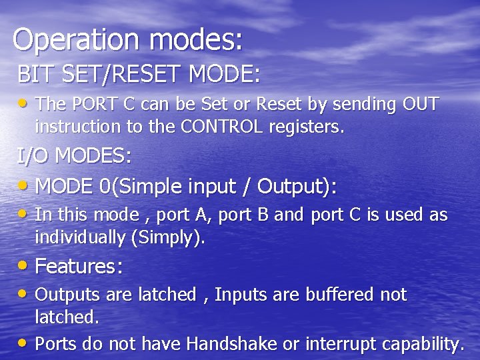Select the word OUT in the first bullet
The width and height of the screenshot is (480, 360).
[x=421, y=105]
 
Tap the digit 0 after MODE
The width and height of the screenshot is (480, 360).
[x=105, y=186]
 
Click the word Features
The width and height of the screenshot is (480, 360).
[x=78, y=267]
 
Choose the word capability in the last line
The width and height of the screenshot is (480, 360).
[x=424, y=344]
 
